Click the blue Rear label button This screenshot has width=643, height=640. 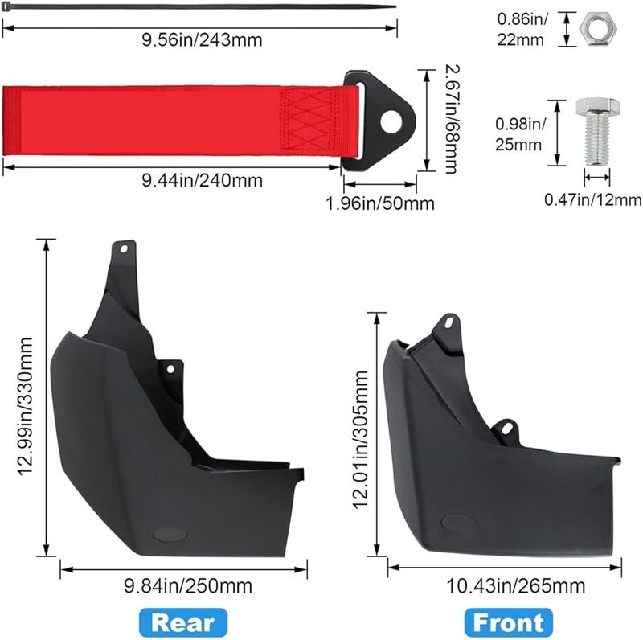click(x=183, y=623)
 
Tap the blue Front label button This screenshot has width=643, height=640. click(x=509, y=623)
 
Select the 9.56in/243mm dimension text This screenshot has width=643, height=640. click(x=202, y=40)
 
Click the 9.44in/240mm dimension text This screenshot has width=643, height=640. click(x=202, y=181)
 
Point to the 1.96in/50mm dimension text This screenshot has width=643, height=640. click(x=380, y=203)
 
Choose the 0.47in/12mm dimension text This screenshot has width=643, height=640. click(x=593, y=199)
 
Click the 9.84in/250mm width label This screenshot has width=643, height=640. click(x=188, y=586)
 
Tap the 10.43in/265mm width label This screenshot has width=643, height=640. click(x=515, y=586)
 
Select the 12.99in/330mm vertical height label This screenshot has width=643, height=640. click(x=25, y=406)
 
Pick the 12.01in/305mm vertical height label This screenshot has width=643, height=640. click(x=360, y=439)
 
